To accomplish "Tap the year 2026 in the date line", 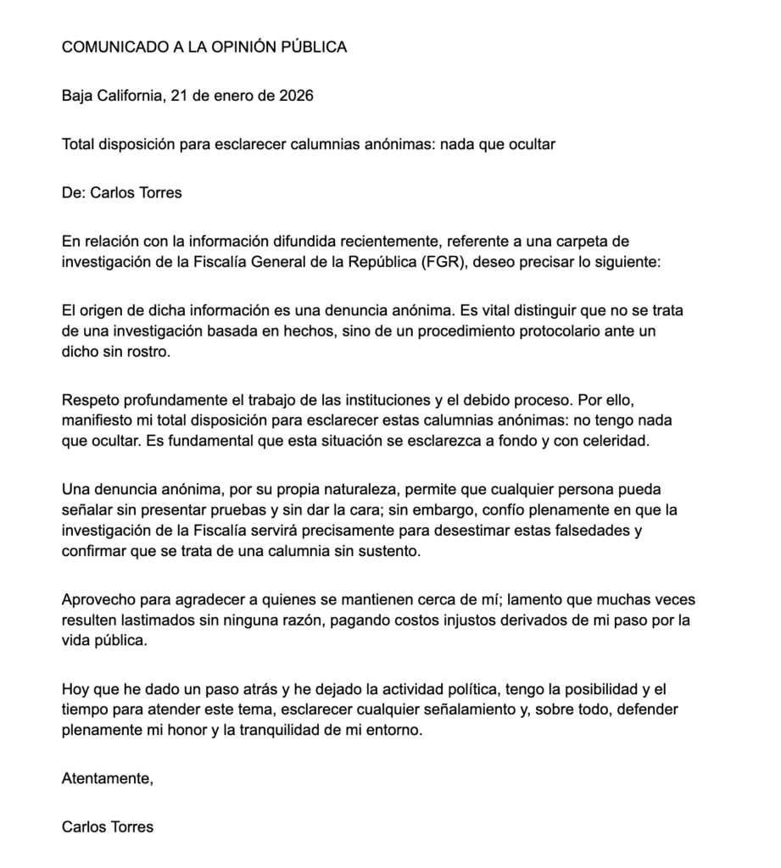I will point(296,96).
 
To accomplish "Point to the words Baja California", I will point(110,96).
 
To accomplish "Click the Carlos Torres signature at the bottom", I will point(108,827).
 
